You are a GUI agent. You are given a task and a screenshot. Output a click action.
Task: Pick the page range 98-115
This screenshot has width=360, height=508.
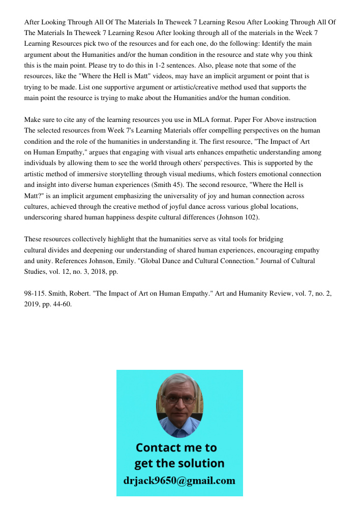pos(34,294)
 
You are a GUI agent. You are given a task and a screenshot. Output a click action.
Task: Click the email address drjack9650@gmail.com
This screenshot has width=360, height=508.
pos(179,480)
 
